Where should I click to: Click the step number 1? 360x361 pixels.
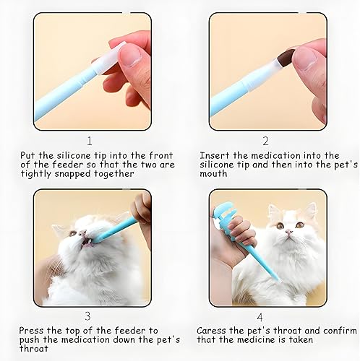(x=89, y=141)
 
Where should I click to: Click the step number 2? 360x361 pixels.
(x=265, y=141)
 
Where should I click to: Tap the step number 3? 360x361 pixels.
(x=89, y=316)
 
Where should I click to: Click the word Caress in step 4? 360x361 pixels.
(x=213, y=331)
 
